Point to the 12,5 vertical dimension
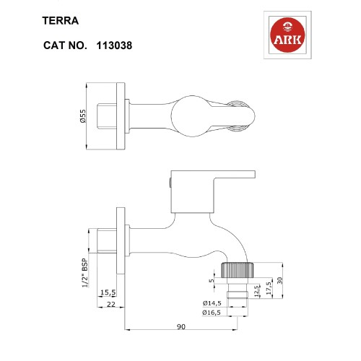click(x=258, y=291)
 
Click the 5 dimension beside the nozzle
click(x=211, y=282)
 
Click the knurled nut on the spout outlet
click(x=239, y=271)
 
